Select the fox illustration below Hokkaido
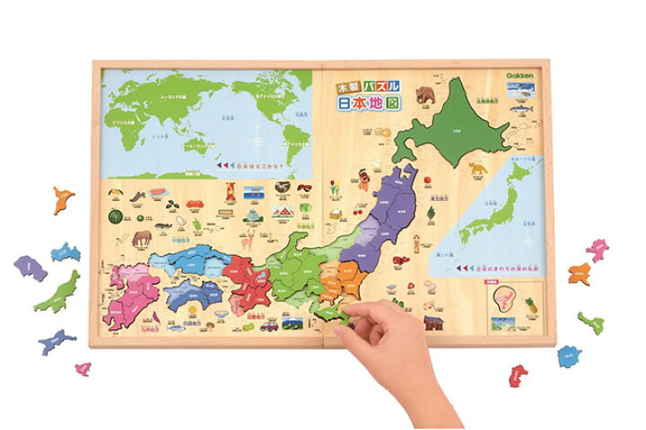pyautogui.click(x=476, y=169)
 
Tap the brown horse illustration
pyautogui.click(x=142, y=239)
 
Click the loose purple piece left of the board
pyautogui.click(x=29, y=267)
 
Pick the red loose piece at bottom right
pyautogui.click(x=519, y=373)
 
